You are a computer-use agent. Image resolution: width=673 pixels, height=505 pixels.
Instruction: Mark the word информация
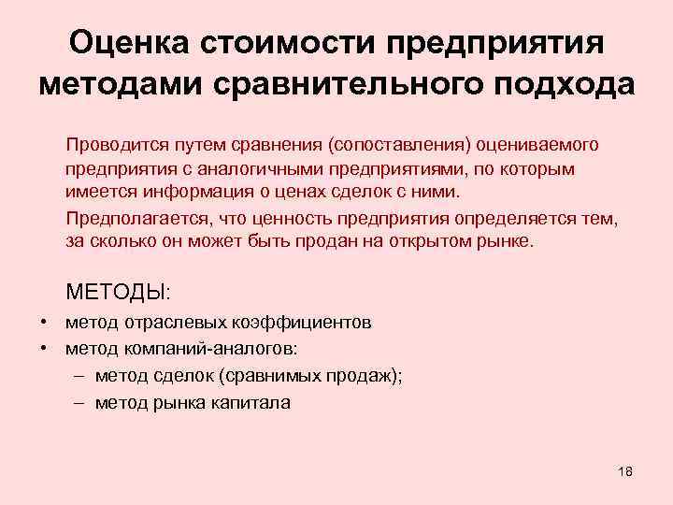(x=185, y=194)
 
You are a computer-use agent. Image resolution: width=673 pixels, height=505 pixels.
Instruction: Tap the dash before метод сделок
(x=79, y=376)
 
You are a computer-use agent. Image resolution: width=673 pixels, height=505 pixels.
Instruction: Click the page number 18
(x=625, y=470)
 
